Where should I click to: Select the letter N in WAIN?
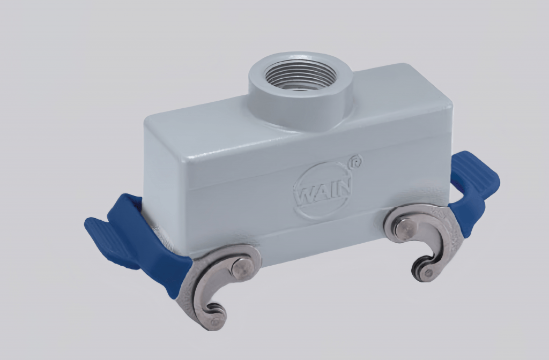click(344, 186)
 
